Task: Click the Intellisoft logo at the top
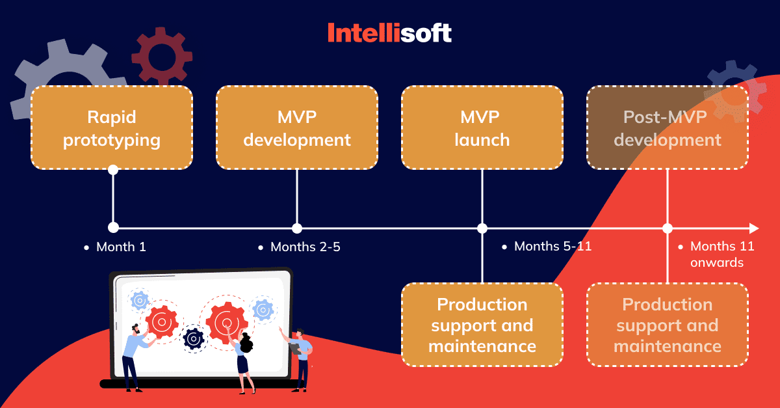(x=389, y=33)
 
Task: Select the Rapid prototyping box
(x=112, y=128)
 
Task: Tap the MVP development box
(x=297, y=128)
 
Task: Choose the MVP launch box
(x=482, y=128)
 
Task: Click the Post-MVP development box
(x=668, y=128)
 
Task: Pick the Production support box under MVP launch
(x=482, y=325)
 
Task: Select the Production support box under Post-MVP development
(x=668, y=325)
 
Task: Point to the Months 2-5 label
(x=305, y=247)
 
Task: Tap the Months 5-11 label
(x=552, y=247)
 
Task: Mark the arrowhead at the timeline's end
(x=754, y=228)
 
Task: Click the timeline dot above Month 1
(x=113, y=228)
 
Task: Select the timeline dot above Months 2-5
(x=297, y=228)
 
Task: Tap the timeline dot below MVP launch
(x=482, y=228)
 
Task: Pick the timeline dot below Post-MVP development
(x=668, y=228)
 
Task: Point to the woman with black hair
(x=244, y=361)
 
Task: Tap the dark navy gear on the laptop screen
(x=193, y=338)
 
